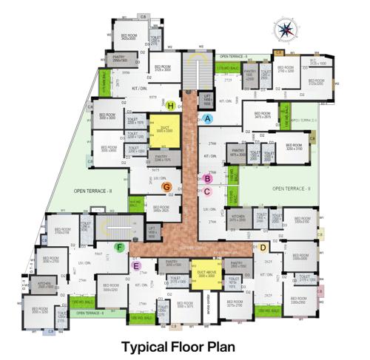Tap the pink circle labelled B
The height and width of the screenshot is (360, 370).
(208, 178)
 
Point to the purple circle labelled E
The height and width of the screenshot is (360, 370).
(135, 265)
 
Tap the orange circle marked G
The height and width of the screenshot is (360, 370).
(167, 187)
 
